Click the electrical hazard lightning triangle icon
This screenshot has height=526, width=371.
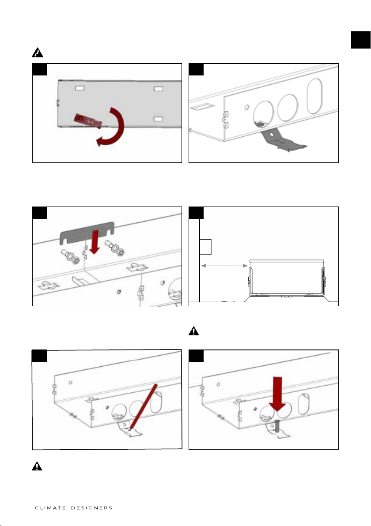(x=37, y=53)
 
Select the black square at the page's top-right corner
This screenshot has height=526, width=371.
(x=360, y=40)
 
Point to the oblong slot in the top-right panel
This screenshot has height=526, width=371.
(x=314, y=96)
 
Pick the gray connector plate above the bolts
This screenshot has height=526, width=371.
(x=87, y=232)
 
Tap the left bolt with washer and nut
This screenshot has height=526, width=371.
(x=70, y=257)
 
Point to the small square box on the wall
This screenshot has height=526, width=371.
(x=205, y=247)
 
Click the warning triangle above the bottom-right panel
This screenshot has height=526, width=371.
(x=194, y=331)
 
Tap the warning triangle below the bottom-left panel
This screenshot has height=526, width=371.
(x=37, y=466)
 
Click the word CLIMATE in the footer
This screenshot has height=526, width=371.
(x=50, y=508)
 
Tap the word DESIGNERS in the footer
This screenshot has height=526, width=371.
(x=92, y=508)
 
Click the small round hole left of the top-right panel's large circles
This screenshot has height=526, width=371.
(x=247, y=107)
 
